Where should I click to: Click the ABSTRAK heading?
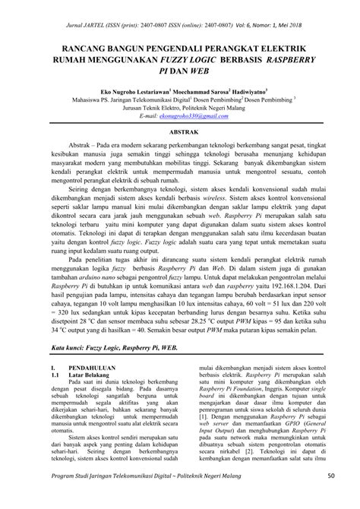pos(179,131)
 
